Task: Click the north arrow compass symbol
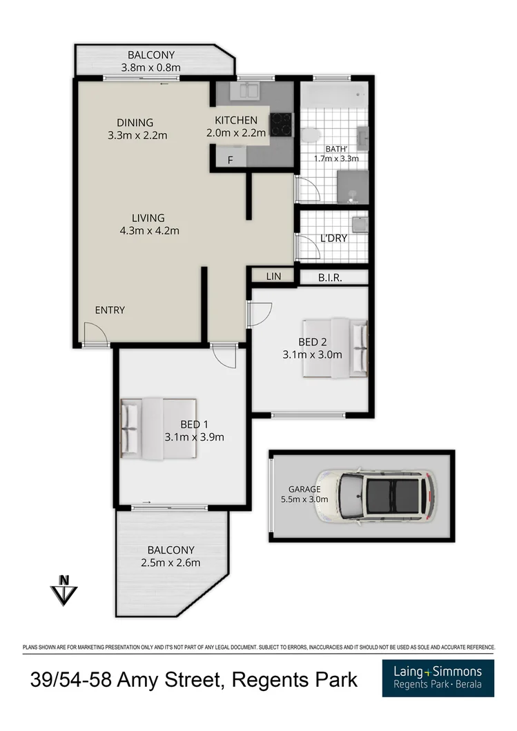coord(64,590)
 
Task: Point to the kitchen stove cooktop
coord(280,124)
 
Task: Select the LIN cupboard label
coord(274,277)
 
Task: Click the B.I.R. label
coord(331,277)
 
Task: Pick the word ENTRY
coord(110,310)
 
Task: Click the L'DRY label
coord(333,239)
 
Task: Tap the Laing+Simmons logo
coord(438,678)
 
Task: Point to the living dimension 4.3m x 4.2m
coord(149,231)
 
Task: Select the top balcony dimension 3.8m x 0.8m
coord(150,68)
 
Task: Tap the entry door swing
coord(93,337)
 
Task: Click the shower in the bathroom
coord(352,188)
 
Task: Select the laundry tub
coord(359,225)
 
